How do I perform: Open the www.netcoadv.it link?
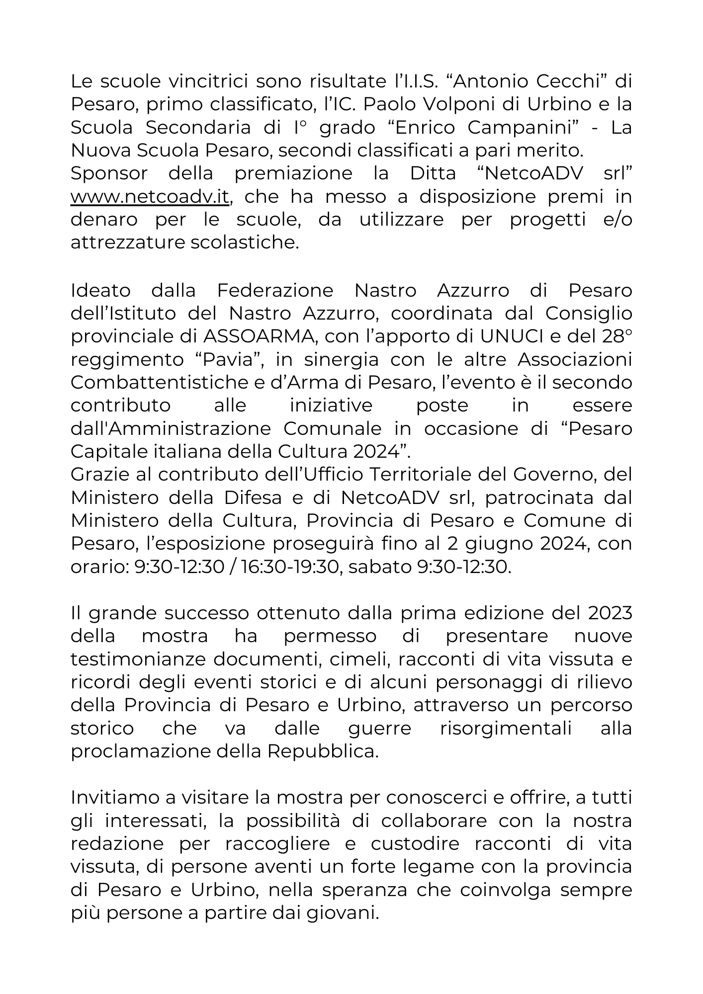pos(150,197)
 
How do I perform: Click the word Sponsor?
pos(109,173)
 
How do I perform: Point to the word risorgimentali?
pos(506,729)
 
